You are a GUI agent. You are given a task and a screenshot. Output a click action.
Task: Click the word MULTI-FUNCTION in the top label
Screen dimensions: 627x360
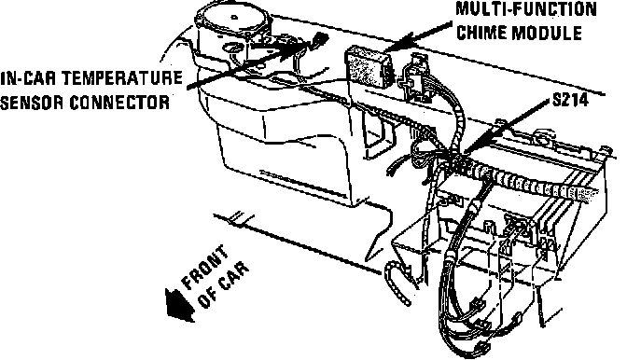pyautogui.click(x=526, y=9)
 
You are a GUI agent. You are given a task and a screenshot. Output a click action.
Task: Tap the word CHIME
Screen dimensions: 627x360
pyautogui.click(x=481, y=33)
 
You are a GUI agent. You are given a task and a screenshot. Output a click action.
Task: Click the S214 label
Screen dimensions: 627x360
pyautogui.click(x=570, y=100)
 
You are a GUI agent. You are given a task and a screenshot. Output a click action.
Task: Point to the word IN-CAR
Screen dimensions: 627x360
pyautogui.click(x=28, y=78)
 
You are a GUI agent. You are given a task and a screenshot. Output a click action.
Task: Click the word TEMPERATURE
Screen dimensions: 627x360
pyautogui.click(x=122, y=78)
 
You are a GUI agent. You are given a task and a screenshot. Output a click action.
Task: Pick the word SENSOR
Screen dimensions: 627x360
pyautogui.click(x=32, y=103)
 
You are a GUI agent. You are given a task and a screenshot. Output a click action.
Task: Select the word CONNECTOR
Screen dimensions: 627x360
pyautogui.click(x=120, y=103)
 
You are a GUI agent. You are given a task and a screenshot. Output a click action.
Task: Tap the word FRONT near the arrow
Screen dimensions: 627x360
pyautogui.click(x=205, y=267)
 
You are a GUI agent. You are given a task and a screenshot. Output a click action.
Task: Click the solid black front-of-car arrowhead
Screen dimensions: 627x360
pyautogui.click(x=179, y=305)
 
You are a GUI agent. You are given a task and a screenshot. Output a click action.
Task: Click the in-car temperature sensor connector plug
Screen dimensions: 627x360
pyautogui.click(x=321, y=39)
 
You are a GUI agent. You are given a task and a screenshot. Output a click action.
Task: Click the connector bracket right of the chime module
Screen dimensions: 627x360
pyautogui.click(x=414, y=78)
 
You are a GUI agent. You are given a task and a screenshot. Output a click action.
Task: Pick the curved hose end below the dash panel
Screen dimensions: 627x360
pyautogui.click(x=397, y=282)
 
